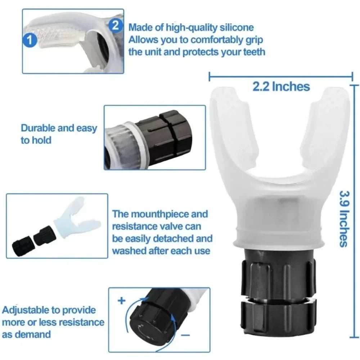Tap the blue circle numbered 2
pyautogui.click(x=115, y=25)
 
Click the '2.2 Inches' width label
pyautogui.click(x=281, y=86)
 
